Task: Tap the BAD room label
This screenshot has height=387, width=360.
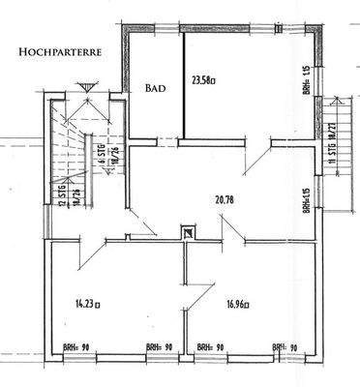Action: [x=155, y=88]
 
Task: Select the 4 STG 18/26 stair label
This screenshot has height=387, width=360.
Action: [x=101, y=155]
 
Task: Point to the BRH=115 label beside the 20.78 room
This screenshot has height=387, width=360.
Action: [x=303, y=203]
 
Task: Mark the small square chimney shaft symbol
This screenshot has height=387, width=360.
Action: [x=187, y=231]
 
